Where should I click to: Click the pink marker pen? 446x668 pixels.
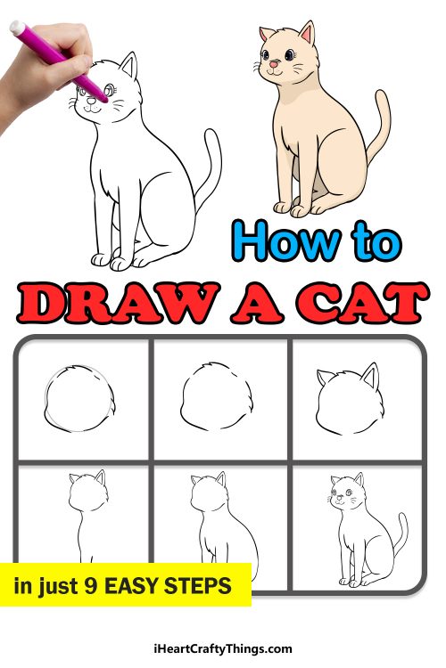(54, 59)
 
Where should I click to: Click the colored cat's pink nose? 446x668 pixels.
(286, 65)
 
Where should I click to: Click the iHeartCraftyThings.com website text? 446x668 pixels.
(222, 648)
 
